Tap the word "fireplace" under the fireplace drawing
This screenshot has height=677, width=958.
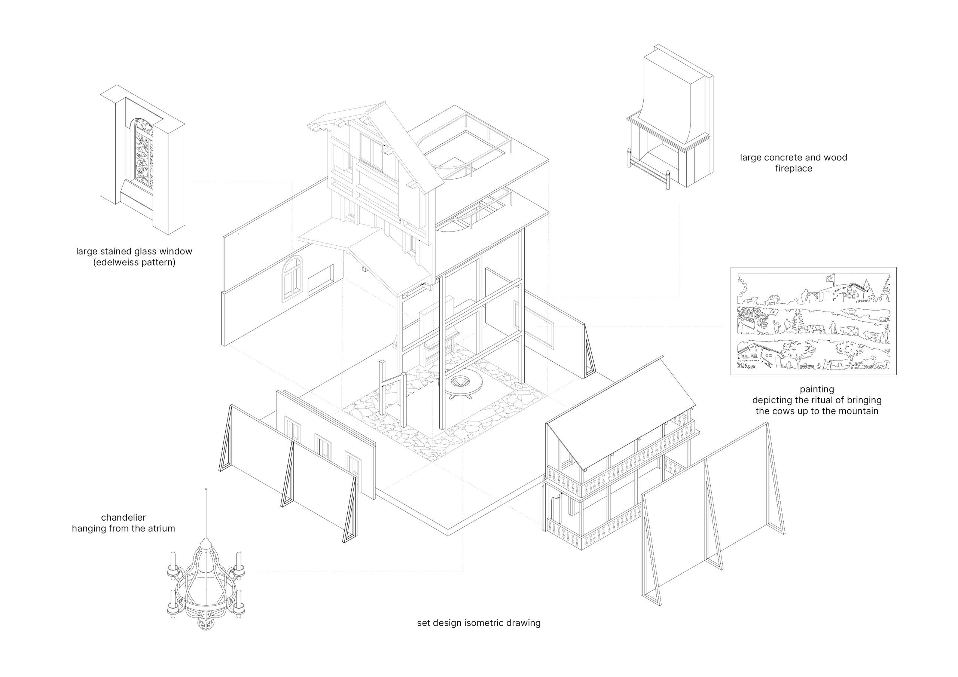click(x=794, y=169)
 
